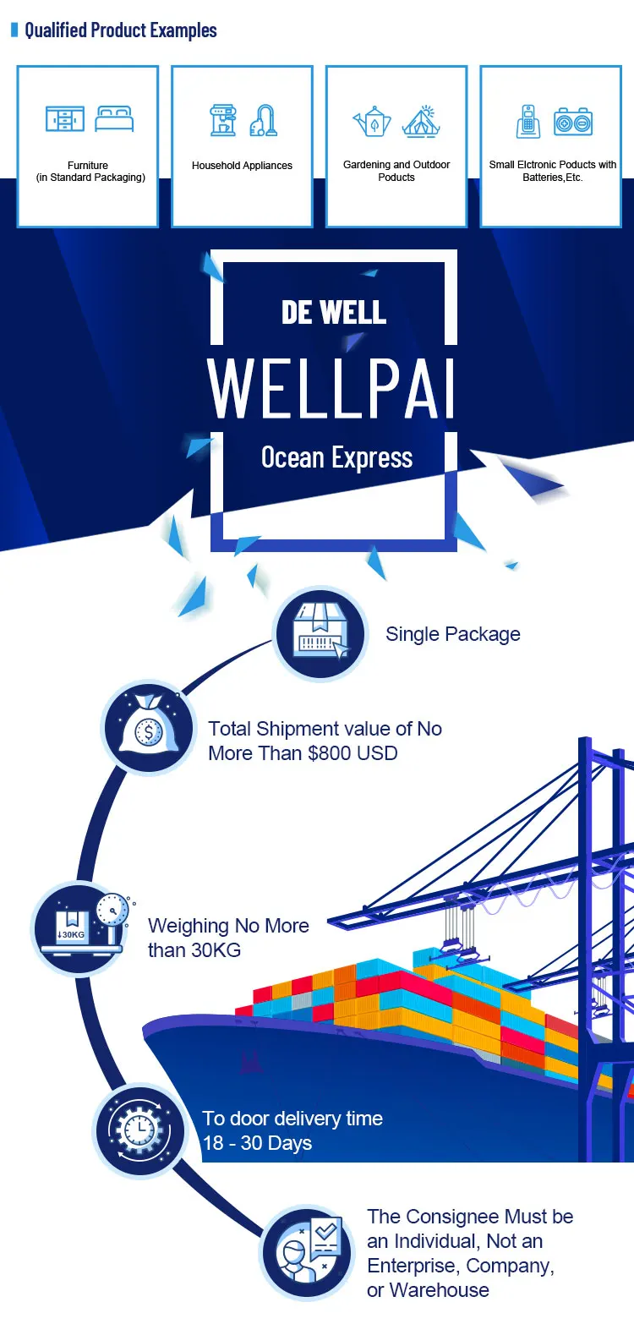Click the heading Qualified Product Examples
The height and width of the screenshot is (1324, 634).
120,30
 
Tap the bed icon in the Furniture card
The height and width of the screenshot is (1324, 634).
114,118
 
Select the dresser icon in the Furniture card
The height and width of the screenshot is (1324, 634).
65,118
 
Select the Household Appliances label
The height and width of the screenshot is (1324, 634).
242,166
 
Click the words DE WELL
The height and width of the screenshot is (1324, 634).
334,312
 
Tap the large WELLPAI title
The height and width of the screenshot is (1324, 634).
332,390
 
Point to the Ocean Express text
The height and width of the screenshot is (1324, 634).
336,458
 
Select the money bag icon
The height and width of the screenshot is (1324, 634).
149,728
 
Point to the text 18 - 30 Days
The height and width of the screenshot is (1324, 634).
257,1143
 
